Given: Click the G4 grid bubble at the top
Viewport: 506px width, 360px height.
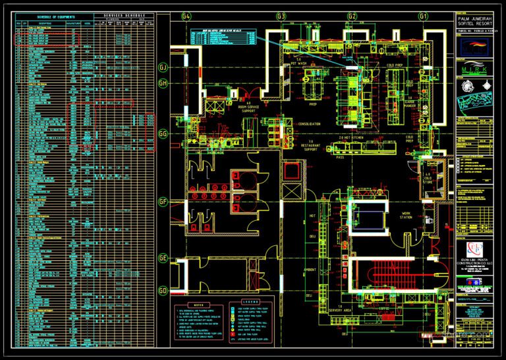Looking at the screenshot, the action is (186, 15).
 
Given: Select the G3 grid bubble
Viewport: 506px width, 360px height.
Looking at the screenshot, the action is (281, 15).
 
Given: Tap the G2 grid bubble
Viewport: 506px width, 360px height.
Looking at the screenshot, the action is (352, 15).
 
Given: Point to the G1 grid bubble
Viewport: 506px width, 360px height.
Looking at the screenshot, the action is (423, 15).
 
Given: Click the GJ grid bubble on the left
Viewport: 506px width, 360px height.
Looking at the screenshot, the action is (163, 67).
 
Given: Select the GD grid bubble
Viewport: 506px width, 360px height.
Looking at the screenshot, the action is (163, 291).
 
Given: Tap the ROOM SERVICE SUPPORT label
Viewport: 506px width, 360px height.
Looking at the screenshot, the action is (248, 109).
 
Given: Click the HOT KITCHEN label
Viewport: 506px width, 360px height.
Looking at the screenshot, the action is (350, 137).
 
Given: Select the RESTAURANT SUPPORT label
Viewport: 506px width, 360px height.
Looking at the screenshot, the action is (311, 146).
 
